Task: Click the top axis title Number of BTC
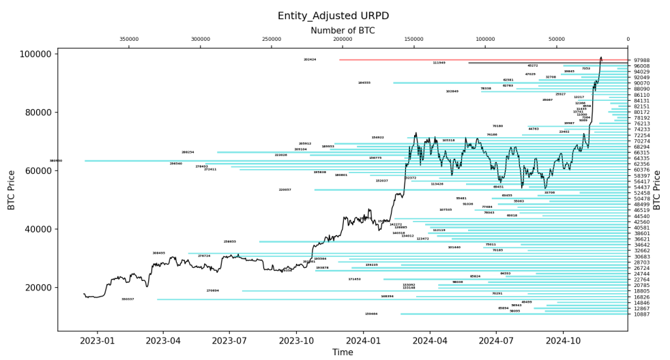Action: [x=343, y=31]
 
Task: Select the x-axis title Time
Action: [x=343, y=352]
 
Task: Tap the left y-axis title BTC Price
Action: [x=12, y=190]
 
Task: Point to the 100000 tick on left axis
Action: [x=36, y=54]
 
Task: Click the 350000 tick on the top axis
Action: [x=129, y=40]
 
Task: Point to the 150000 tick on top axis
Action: [x=414, y=40]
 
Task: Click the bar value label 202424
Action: [x=310, y=60]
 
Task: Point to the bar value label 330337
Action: [x=128, y=299]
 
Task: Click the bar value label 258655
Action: [x=230, y=241]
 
